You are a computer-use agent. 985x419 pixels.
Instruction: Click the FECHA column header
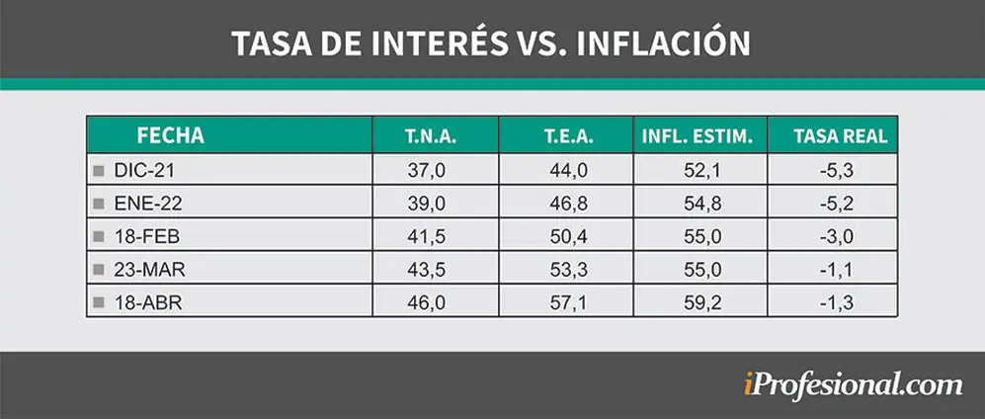[x=170, y=135]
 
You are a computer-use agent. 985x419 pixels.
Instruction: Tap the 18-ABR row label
[x=148, y=302]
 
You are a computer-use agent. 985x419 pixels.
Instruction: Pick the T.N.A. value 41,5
[x=427, y=237]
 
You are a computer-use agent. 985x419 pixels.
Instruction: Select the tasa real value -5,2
[x=836, y=204]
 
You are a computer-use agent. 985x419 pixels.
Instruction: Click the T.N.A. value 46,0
[x=427, y=302]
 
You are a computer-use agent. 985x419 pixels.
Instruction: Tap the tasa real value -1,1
[x=836, y=270]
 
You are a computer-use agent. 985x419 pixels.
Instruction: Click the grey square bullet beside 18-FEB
[x=98, y=237]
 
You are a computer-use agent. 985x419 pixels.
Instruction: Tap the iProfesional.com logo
[x=853, y=384]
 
